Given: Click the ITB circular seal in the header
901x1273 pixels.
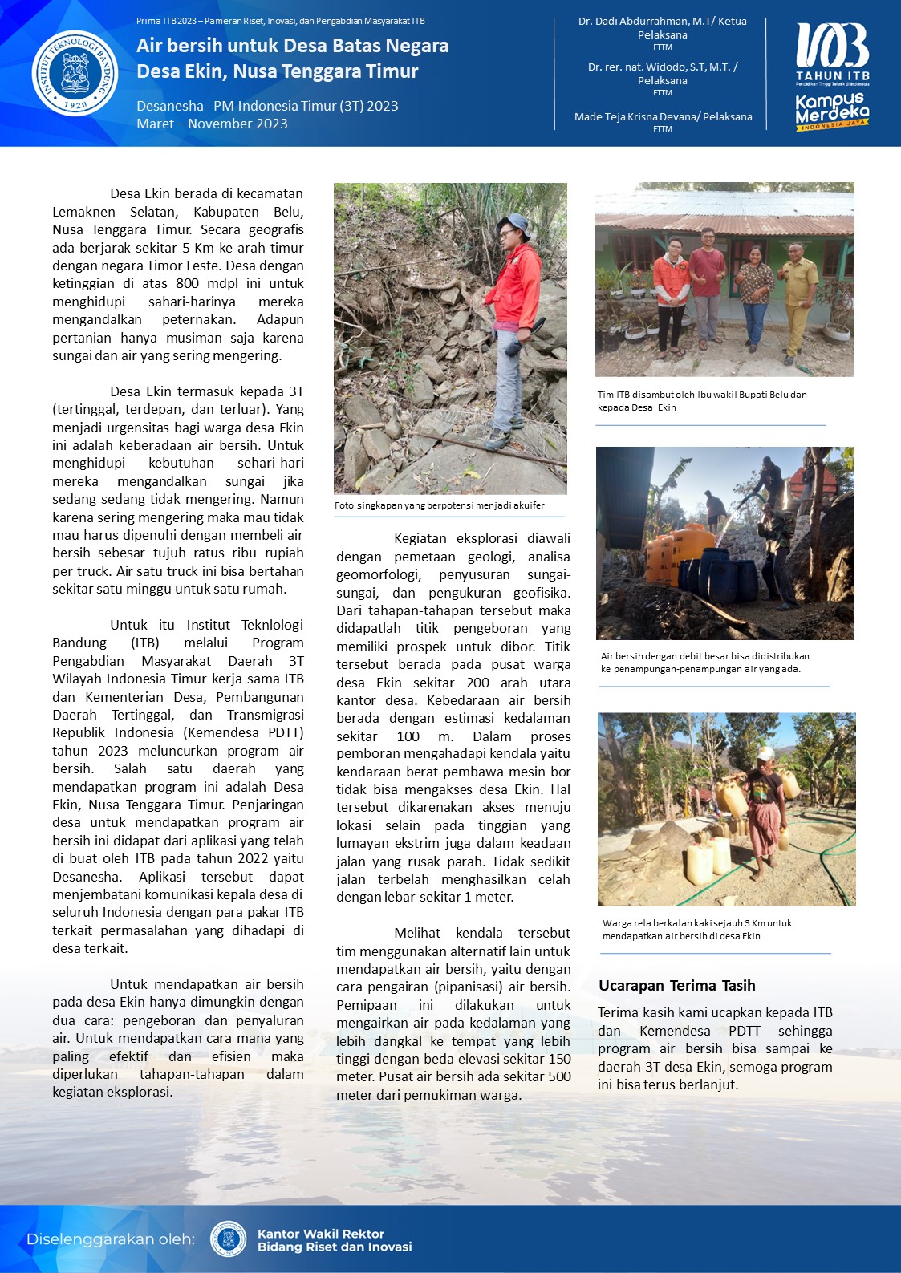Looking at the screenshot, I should click(75, 73).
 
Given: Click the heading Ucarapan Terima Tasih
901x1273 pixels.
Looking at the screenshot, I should click(676, 986).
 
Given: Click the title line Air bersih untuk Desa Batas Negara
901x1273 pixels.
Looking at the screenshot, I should click(292, 46).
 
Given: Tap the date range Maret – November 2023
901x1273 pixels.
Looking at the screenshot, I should click(212, 124).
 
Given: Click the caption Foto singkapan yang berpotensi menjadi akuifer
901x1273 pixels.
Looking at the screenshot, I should click(439, 505).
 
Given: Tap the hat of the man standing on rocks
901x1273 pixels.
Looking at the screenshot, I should click(513, 222).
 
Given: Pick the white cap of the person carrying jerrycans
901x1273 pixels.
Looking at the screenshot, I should click(765, 753).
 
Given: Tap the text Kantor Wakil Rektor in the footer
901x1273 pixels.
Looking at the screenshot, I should click(320, 1234).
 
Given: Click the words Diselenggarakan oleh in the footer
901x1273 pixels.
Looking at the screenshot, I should click(110, 1239).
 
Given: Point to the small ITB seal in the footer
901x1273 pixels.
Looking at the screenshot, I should click(228, 1239).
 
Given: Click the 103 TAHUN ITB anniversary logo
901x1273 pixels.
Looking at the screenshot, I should click(832, 52).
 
